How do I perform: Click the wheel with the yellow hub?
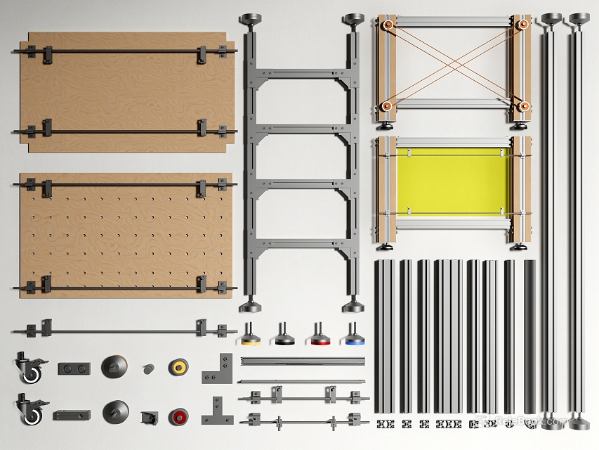tap(178, 366)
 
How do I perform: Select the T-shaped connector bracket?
tap(217, 412)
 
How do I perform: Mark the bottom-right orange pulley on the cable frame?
tap(522, 106)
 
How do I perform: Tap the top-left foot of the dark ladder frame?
tap(251, 19)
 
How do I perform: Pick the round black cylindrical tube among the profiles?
tap(529, 336)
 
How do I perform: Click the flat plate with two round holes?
tap(74, 368)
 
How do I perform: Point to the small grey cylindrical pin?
tap(148, 368)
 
